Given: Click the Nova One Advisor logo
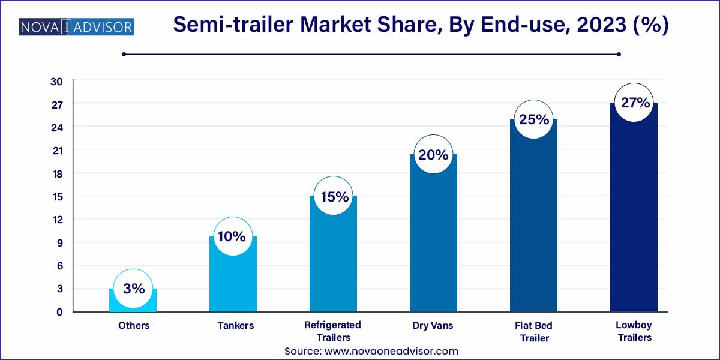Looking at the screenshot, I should [x=76, y=27].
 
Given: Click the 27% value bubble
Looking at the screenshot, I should [x=635, y=103].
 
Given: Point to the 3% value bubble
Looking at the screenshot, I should [x=133, y=289].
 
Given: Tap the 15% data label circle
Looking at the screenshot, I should [x=334, y=196].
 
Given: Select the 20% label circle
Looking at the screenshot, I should [x=433, y=155].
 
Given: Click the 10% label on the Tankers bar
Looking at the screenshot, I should [x=233, y=236].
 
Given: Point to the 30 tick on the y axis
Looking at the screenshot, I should [x=57, y=82].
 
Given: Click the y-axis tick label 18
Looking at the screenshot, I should [x=57, y=173].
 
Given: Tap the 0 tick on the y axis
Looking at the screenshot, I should [x=59, y=311].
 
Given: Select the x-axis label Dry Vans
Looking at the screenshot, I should [x=433, y=326].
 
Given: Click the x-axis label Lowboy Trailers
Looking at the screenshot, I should [x=634, y=331].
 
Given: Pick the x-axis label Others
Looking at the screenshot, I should [x=133, y=326].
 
